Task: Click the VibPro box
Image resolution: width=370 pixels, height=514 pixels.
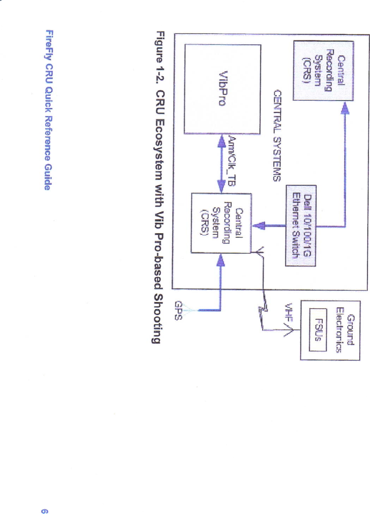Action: click(222, 89)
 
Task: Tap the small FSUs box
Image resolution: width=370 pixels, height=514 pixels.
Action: click(318, 329)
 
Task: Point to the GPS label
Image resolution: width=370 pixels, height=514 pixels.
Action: click(179, 310)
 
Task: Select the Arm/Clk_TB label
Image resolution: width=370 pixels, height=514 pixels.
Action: click(232, 161)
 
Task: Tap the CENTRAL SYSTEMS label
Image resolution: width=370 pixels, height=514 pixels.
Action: click(277, 135)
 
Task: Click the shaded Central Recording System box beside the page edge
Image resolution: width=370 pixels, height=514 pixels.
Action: click(323, 71)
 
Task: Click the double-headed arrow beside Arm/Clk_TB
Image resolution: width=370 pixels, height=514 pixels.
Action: click(221, 164)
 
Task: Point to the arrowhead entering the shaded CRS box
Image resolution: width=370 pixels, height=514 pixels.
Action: click(345, 107)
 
